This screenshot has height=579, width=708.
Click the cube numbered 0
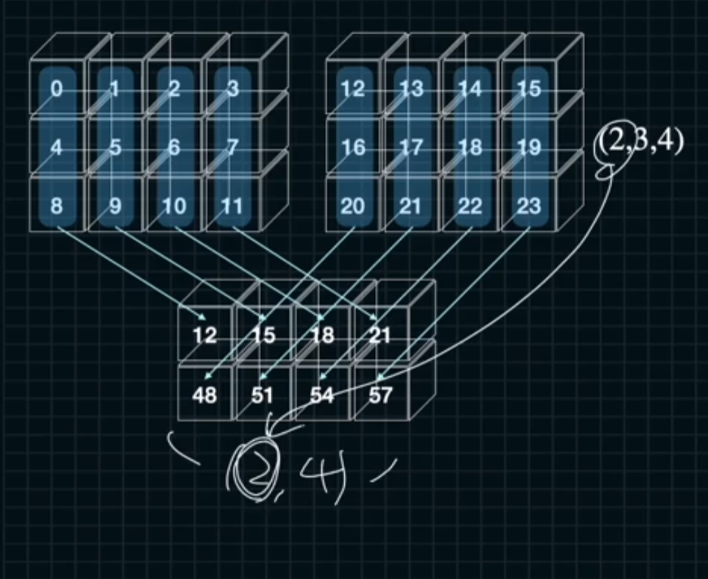(x=57, y=90)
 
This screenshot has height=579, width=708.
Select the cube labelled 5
(x=115, y=148)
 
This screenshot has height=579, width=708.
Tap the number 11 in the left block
(x=232, y=206)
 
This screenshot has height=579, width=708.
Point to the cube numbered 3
(x=232, y=90)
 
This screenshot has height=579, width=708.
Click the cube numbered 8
(x=57, y=206)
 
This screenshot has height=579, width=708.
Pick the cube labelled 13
(x=411, y=90)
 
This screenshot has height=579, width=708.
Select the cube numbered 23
(x=529, y=206)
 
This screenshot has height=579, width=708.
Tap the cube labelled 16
(x=353, y=148)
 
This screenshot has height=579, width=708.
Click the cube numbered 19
(x=529, y=148)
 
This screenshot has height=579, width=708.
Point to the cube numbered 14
(x=470, y=90)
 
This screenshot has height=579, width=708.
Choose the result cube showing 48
(x=204, y=395)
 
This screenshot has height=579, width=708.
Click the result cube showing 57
(x=380, y=395)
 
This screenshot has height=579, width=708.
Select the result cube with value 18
(x=322, y=336)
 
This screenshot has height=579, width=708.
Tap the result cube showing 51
(x=263, y=395)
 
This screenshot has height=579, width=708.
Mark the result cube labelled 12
(x=204, y=336)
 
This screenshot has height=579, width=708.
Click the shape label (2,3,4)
(x=638, y=143)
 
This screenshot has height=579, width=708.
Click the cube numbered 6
(x=174, y=148)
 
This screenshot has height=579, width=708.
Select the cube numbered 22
(x=470, y=206)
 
